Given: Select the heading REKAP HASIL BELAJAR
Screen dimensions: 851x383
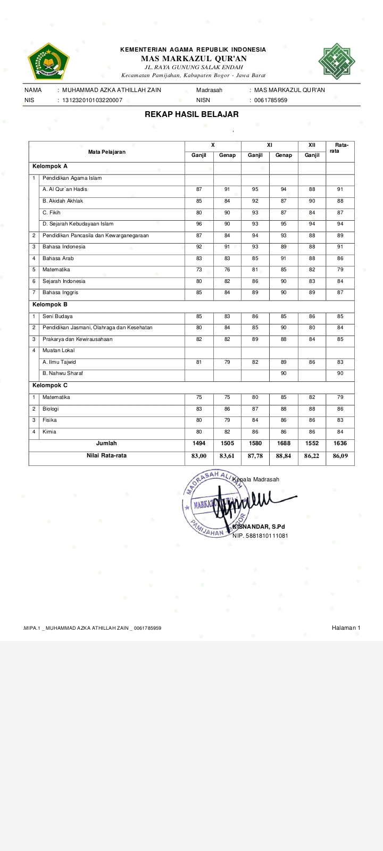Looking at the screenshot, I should [x=191, y=114].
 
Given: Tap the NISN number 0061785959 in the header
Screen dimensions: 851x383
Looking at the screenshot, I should [x=271, y=100].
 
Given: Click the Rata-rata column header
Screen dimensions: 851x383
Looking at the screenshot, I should [x=340, y=148].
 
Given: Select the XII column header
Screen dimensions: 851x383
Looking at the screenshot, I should [x=312, y=145].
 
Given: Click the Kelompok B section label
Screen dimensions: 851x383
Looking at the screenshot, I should [x=50, y=305].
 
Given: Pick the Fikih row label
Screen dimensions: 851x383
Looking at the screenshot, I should [x=52, y=212].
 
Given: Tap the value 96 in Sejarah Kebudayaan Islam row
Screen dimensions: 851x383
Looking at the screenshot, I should [x=199, y=224].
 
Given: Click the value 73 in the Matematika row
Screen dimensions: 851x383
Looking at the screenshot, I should [x=199, y=270].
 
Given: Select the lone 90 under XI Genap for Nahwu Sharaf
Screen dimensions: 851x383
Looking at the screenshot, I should [x=284, y=373].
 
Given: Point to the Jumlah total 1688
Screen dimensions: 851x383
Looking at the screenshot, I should [x=284, y=443].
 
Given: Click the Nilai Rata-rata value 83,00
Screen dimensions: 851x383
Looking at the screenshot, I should [x=199, y=456].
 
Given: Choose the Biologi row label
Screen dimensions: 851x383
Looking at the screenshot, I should [x=51, y=409].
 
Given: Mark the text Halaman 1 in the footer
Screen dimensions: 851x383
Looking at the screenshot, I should [x=346, y=628].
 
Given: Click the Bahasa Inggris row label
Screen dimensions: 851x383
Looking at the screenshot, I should [x=60, y=293].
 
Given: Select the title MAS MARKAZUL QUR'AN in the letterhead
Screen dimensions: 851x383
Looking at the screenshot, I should [x=194, y=59].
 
